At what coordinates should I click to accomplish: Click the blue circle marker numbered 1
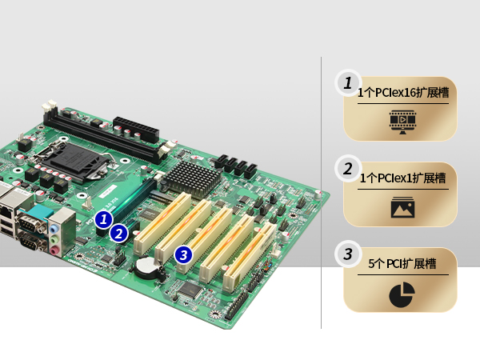click(104, 219)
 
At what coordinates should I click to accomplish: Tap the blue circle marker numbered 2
click(118, 234)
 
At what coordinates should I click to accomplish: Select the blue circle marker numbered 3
click(184, 255)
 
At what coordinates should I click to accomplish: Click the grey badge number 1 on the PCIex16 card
click(348, 82)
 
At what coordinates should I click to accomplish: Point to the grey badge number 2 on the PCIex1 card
click(348, 169)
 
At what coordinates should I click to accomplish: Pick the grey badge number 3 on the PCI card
click(348, 254)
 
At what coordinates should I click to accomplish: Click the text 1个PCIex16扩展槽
click(403, 93)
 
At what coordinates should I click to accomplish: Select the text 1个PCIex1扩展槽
click(403, 178)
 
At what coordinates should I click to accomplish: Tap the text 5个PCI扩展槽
click(402, 263)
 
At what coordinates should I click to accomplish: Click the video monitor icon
click(402, 122)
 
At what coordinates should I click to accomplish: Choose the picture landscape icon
click(402, 207)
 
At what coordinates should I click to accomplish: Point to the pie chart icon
click(402, 294)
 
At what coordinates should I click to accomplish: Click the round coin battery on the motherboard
click(147, 266)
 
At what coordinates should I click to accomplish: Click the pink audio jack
click(54, 251)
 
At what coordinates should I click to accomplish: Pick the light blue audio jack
click(54, 229)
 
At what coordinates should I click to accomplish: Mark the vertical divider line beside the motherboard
click(321, 193)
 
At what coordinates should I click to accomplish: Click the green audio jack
click(54, 239)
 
